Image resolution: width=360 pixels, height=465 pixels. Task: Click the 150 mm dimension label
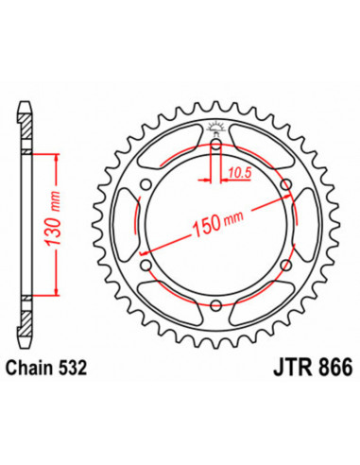tap(217, 223)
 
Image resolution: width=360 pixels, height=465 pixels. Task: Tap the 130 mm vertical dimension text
tap(52, 219)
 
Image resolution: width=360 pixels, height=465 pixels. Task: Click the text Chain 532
tap(46, 368)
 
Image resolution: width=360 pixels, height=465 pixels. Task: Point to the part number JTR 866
tap(313, 368)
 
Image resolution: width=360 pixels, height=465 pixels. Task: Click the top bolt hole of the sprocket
tap(216, 145)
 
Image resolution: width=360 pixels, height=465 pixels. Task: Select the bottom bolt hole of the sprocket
tap(216, 304)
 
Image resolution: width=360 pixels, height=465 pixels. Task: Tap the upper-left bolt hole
tap(146, 184)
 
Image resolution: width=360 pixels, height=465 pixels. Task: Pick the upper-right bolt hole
tap(286, 184)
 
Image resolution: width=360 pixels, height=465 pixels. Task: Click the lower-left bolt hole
tap(146, 265)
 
